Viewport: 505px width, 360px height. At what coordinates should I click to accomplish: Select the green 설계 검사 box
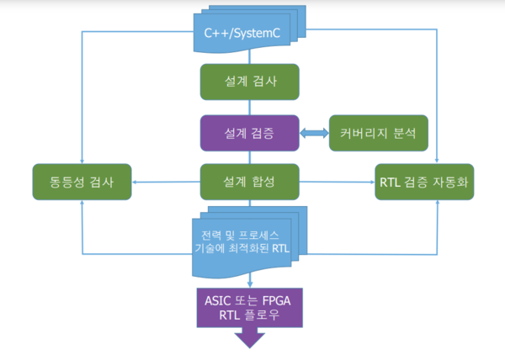click(x=250, y=82)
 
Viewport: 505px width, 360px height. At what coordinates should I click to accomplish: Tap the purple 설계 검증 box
click(x=250, y=132)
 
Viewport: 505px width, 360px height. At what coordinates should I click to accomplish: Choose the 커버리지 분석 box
click(x=379, y=132)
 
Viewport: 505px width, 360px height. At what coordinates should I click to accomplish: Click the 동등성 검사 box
click(x=82, y=182)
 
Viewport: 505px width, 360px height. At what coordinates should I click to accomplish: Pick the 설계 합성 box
click(x=250, y=182)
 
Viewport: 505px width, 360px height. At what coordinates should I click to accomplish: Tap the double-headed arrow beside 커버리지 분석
click(x=314, y=132)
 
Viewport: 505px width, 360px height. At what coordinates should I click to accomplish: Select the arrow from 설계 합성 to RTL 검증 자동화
click(x=337, y=182)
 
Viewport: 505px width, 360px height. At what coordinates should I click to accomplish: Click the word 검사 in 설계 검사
click(x=264, y=82)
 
